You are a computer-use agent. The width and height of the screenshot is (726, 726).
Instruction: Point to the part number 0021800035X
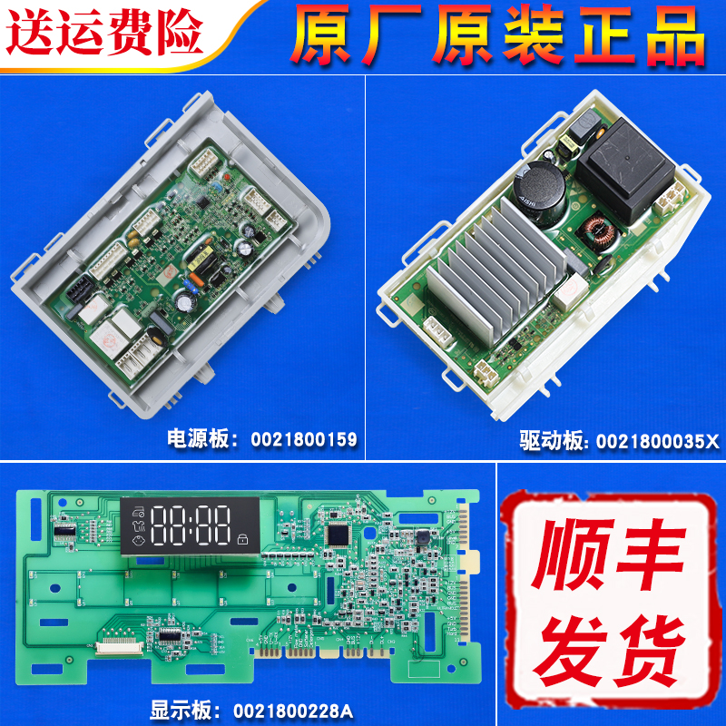[656, 441]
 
